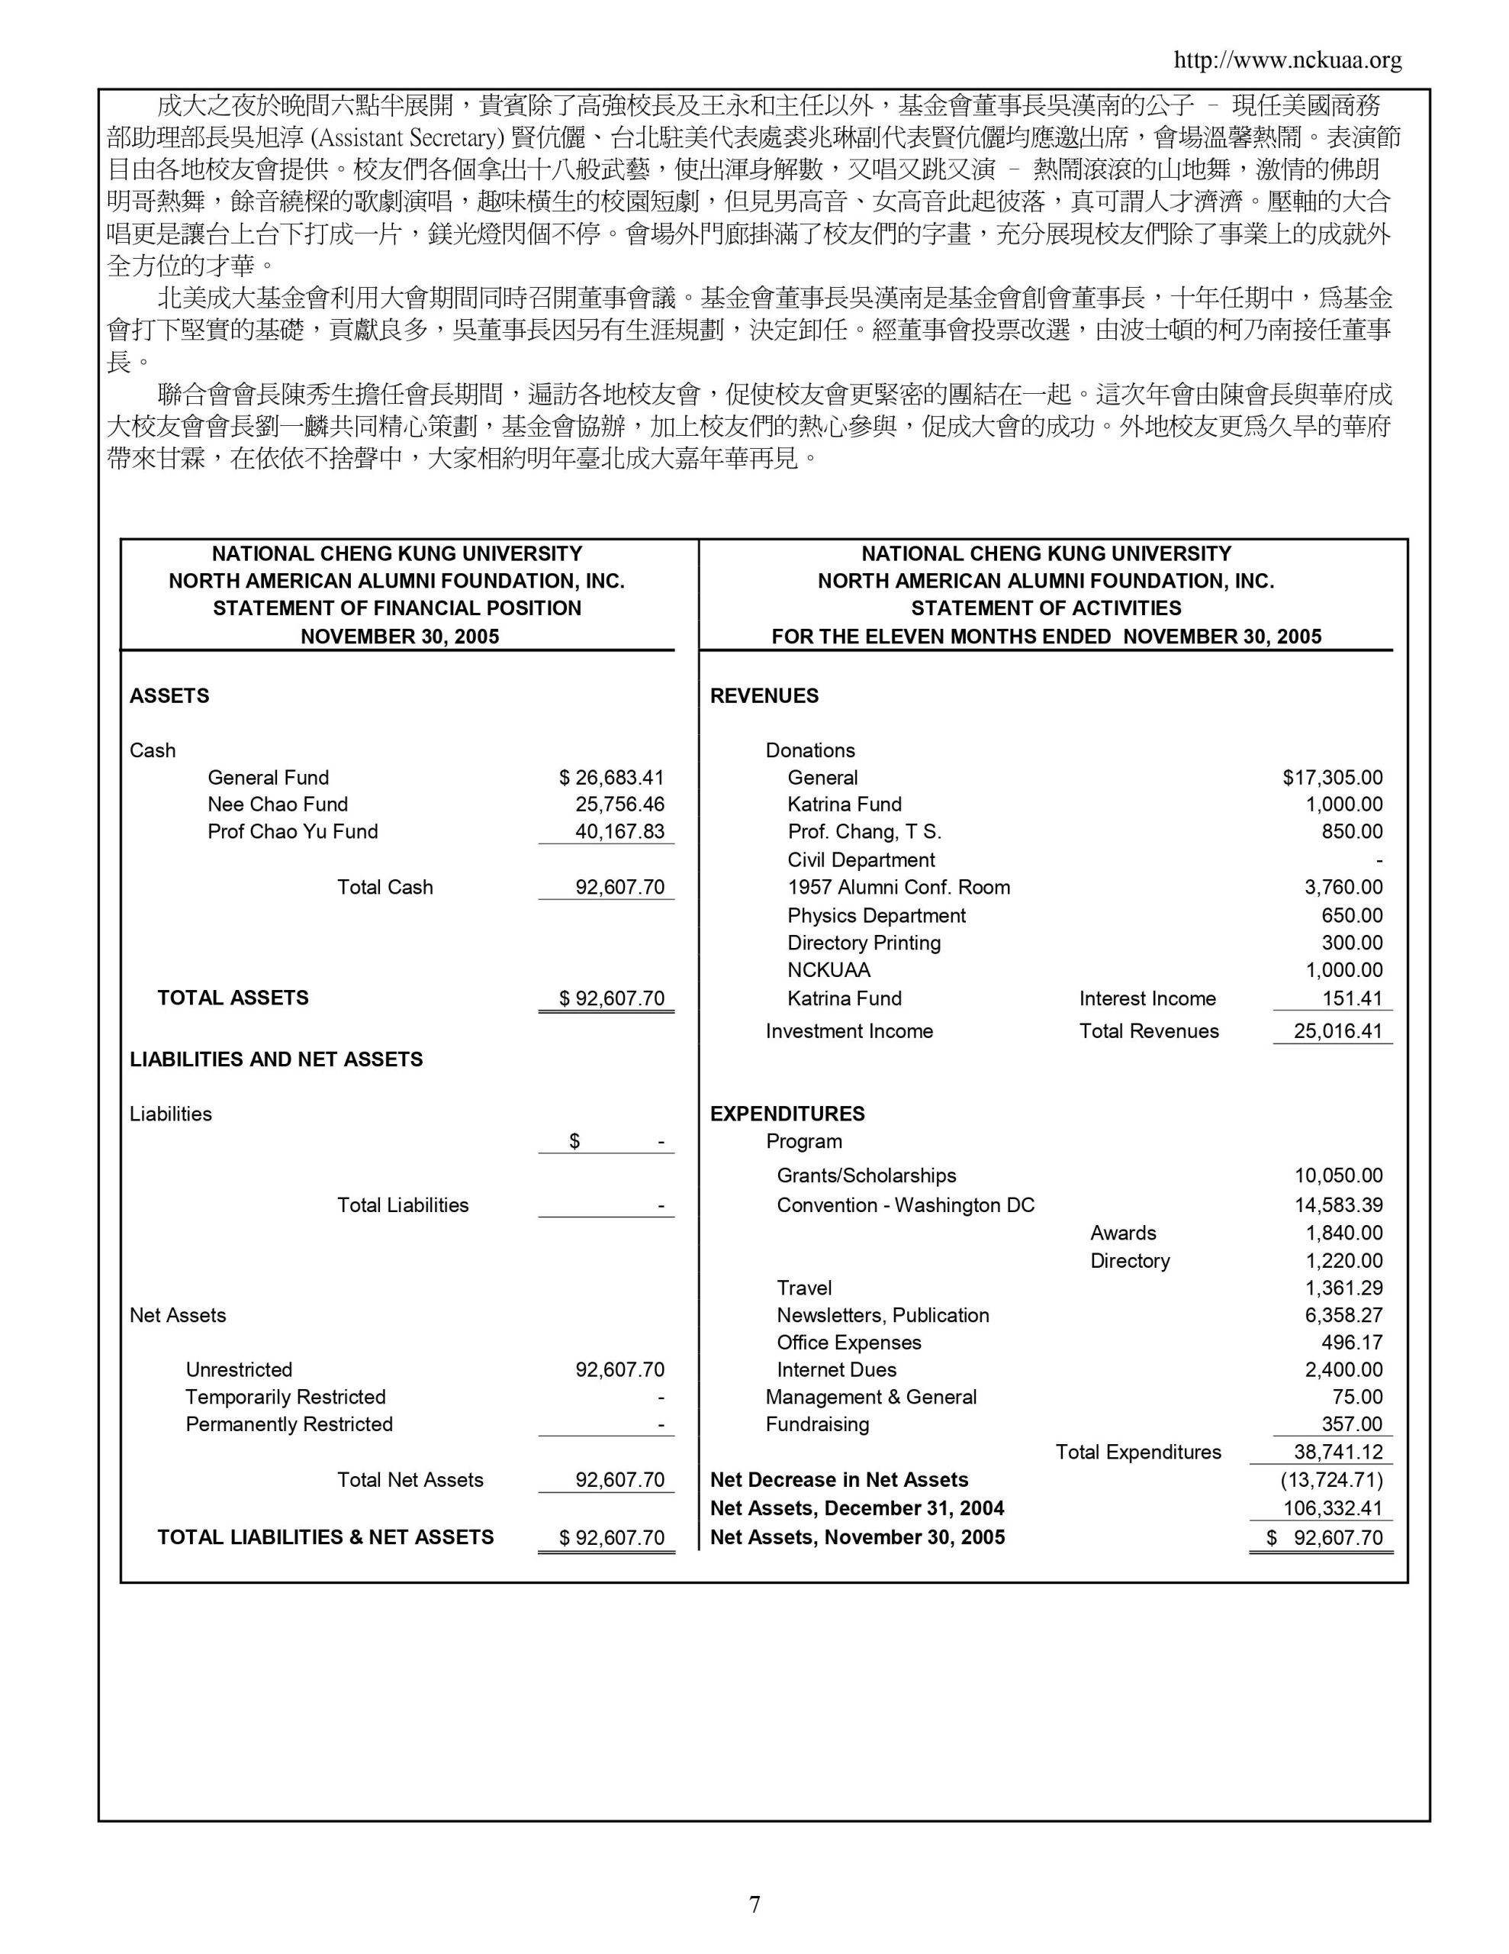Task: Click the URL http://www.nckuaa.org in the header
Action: tap(1287, 61)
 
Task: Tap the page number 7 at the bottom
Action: tap(754, 1904)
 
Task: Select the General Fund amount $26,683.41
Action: tap(611, 778)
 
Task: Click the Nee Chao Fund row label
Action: tap(277, 804)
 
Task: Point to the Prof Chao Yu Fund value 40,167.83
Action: tap(620, 831)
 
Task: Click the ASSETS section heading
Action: tap(169, 696)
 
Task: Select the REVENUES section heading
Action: tap(764, 696)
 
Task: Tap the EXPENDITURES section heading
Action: tap(787, 1114)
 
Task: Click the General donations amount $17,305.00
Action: tap(1332, 778)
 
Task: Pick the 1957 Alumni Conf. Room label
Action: tap(898, 887)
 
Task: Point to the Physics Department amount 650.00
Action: tap(1352, 915)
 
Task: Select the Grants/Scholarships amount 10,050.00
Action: tap(1338, 1175)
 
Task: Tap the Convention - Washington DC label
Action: tap(906, 1205)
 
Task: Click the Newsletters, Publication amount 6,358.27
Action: tap(1343, 1315)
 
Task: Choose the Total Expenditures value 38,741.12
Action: tap(1337, 1452)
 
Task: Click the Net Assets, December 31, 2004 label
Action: tap(857, 1508)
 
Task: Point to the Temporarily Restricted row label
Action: tap(285, 1397)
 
